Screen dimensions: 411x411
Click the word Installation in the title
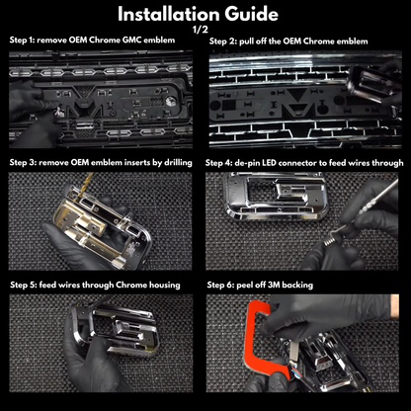click(x=169, y=14)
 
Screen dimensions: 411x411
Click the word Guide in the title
click(x=252, y=14)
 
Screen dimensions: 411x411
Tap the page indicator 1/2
click(x=201, y=30)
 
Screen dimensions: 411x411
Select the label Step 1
click(x=22, y=41)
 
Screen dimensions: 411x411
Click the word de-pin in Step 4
click(x=247, y=163)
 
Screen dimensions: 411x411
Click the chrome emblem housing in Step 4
click(x=276, y=197)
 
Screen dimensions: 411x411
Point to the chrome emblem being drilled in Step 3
click(x=102, y=227)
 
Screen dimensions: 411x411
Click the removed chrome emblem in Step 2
click(x=372, y=81)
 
